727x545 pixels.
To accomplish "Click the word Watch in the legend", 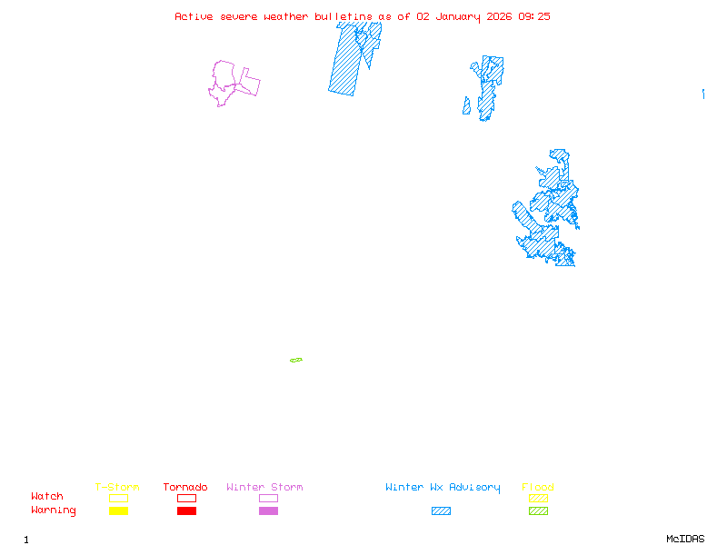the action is point(47,497).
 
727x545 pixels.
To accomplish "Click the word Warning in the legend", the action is point(54,510).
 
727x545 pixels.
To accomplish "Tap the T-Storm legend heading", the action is point(117,488).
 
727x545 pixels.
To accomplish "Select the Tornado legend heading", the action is point(185,488).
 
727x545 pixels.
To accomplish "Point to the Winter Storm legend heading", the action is point(264,488).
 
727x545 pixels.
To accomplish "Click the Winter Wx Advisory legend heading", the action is point(443,488).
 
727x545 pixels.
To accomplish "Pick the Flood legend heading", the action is point(538,488).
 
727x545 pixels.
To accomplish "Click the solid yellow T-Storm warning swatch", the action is point(118,511).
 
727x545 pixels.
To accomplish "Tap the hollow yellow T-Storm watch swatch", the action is point(118,498).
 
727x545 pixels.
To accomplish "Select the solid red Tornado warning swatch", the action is point(186,511).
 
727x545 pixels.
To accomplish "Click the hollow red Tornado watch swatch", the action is point(186,498).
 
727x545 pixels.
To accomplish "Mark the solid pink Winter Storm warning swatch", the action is point(268,511).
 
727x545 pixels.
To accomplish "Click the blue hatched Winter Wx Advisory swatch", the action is point(441,511).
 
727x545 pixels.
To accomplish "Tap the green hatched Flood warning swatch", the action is point(538,511).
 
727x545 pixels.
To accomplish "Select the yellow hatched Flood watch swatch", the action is point(538,498).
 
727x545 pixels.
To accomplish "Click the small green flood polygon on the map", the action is point(296,361).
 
